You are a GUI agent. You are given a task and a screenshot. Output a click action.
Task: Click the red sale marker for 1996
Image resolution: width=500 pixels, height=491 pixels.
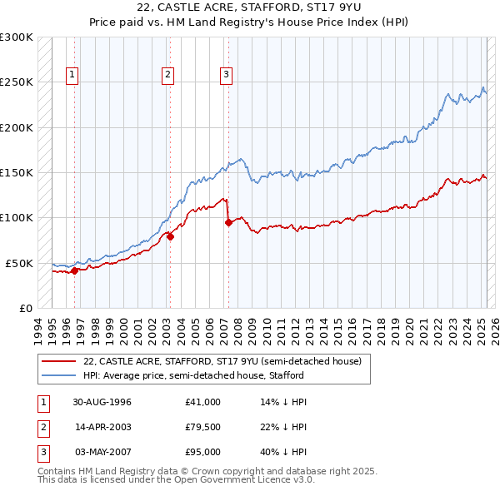(74, 270)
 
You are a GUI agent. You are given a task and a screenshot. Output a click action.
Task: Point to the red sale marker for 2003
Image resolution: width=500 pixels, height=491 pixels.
(170, 236)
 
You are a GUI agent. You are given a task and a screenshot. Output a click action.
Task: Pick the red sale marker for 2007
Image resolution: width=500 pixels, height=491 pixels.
(227, 222)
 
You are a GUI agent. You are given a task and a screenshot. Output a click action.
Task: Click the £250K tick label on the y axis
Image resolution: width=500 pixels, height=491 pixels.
(17, 82)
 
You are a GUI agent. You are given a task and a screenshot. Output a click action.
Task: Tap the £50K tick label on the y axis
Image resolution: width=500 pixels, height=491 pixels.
(20, 263)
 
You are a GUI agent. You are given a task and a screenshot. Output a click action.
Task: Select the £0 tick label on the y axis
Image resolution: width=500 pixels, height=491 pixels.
(25, 308)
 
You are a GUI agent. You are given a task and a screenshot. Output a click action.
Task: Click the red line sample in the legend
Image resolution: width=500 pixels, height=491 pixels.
(60, 362)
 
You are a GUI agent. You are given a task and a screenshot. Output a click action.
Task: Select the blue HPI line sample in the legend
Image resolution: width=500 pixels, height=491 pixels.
(60, 375)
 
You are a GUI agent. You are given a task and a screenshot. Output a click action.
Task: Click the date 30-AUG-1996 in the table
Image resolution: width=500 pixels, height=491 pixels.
(102, 402)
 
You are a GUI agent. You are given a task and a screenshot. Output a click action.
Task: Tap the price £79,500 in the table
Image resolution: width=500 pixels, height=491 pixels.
(203, 427)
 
